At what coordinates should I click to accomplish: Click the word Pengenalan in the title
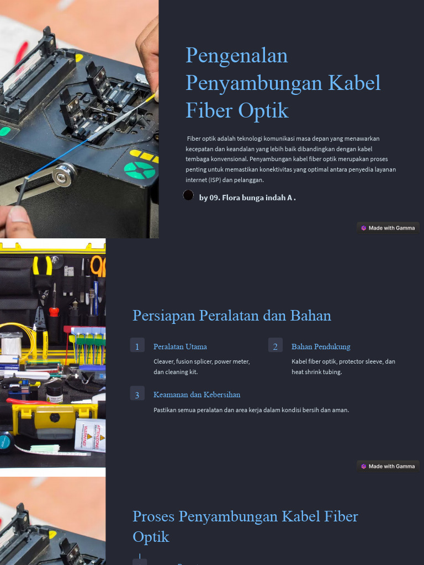point(236,56)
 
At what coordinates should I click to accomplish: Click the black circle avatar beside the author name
point(188,195)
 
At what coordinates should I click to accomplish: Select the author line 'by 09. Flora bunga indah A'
point(247,198)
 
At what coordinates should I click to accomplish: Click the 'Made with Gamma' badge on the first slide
point(388,228)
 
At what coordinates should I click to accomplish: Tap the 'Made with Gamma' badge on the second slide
point(388,466)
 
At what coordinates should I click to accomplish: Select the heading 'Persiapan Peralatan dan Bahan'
point(232,316)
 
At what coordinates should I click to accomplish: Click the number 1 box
point(137,346)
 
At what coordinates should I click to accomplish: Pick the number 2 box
point(275,346)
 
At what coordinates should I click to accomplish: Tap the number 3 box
point(137,393)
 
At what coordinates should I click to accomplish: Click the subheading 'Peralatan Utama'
point(180,347)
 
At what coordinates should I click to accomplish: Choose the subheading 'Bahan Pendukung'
point(321,347)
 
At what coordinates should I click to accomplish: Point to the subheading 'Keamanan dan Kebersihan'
point(197,395)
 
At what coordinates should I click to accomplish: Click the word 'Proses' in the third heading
point(154,516)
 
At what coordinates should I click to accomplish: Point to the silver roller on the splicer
point(63,175)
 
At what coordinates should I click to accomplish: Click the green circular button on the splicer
point(139,170)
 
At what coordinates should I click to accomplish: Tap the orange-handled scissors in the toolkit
point(98,266)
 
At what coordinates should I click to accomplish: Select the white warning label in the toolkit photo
point(90,435)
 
